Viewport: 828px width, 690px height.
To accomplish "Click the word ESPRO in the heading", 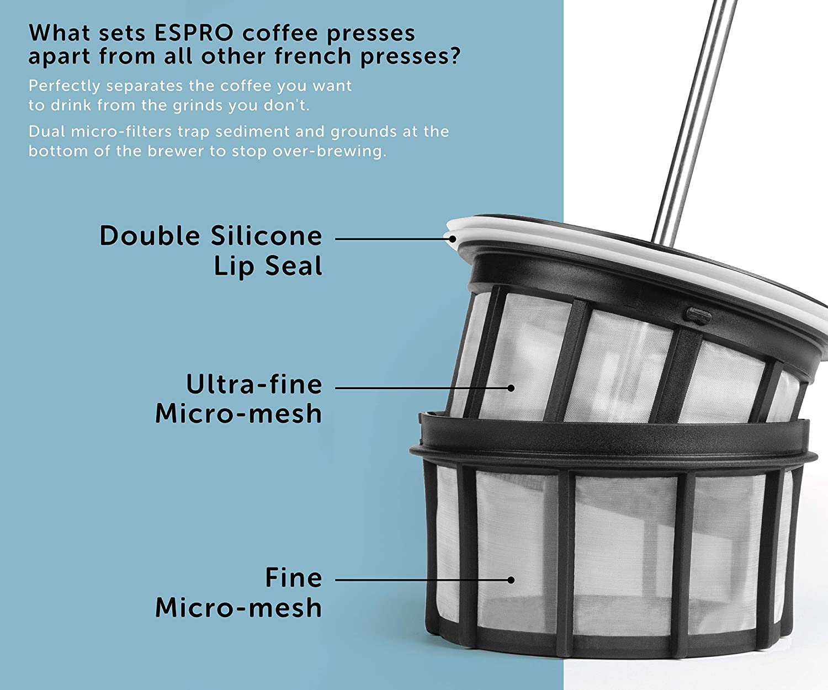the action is point(194,33).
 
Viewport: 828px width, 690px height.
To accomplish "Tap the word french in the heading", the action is point(312,56).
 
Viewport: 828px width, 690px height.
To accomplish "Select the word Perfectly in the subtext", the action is point(64,86).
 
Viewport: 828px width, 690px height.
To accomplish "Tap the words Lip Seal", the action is point(268,266).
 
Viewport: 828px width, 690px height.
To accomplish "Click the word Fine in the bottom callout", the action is point(294,577).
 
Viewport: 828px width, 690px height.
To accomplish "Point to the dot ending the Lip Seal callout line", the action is point(453,238).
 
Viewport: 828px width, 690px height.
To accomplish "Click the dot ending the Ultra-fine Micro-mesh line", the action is point(511,388).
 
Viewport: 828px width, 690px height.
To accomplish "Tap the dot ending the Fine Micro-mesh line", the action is point(511,580).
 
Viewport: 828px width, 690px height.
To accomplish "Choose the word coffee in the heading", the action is point(280,33).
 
